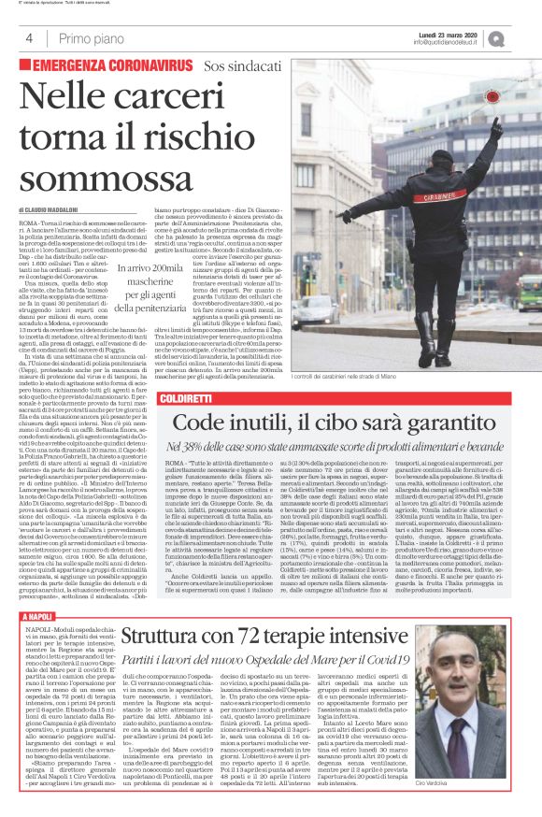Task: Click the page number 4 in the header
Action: coord(29,38)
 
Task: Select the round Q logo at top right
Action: coord(521,38)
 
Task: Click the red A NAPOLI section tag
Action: coord(37,618)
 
